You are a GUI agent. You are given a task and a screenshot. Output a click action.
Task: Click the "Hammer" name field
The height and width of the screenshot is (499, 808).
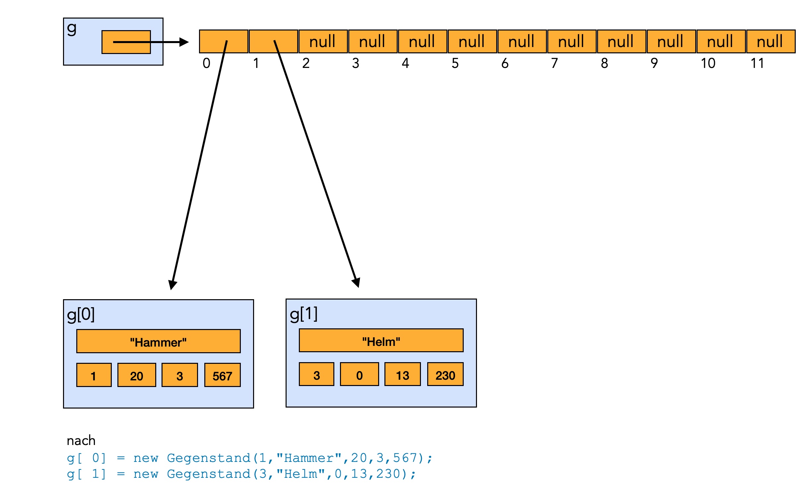click(159, 341)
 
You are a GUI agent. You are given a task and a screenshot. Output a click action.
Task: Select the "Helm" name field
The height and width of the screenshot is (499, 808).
click(381, 340)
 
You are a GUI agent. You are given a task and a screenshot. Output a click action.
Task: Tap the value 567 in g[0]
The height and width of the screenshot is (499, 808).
click(222, 375)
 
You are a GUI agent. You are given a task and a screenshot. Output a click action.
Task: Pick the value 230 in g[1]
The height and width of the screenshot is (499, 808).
click(445, 374)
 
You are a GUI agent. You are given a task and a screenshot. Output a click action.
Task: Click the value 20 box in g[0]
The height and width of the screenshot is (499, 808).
click(137, 375)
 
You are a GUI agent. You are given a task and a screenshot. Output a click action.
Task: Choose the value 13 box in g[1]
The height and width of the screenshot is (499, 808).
click(402, 374)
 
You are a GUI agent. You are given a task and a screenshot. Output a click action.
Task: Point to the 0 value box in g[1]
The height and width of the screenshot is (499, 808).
click(359, 374)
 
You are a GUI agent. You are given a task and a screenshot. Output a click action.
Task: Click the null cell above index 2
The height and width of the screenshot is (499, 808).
click(323, 41)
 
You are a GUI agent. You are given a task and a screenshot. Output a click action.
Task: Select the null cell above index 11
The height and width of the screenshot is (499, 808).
click(771, 41)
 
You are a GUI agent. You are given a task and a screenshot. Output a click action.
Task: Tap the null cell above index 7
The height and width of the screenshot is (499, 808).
click(572, 41)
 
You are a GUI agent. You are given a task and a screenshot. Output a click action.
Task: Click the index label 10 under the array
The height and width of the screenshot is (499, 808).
click(708, 63)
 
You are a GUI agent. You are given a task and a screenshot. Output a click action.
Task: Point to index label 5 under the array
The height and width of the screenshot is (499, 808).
click(455, 63)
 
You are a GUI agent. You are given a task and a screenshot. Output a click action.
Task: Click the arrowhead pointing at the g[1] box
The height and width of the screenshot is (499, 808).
click(356, 283)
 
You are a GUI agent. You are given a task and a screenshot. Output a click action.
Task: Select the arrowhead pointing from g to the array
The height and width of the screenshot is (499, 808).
click(184, 42)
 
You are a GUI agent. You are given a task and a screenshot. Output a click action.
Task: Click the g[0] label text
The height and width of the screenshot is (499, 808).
click(81, 314)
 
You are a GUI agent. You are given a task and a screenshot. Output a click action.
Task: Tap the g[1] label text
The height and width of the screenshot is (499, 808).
click(303, 314)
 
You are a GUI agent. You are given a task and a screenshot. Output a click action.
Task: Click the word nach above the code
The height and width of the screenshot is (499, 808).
click(81, 441)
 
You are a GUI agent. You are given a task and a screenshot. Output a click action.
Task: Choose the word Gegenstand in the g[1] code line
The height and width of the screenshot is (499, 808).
click(209, 474)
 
